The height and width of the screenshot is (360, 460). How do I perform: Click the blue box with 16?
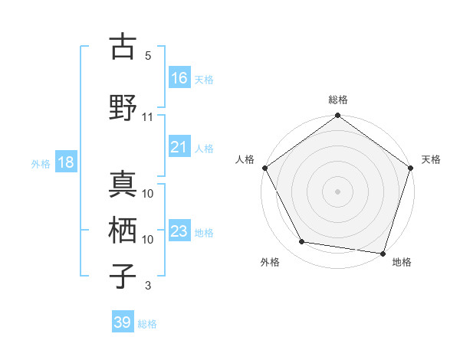179,78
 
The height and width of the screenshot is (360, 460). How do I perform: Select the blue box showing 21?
179,148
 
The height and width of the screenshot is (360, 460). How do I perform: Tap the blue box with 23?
179,231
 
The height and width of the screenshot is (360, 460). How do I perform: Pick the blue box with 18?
65,162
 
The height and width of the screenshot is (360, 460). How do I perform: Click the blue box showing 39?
123,322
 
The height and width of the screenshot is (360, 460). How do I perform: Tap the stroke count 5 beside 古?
148,55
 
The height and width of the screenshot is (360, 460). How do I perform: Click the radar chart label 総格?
338,100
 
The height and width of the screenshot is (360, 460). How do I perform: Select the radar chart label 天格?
432,159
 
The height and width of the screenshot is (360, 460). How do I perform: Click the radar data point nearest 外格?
302,242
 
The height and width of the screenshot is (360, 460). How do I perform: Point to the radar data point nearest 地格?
383,253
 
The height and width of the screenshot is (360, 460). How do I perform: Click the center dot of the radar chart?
338,191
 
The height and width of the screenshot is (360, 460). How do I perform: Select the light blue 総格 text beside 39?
148,324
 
